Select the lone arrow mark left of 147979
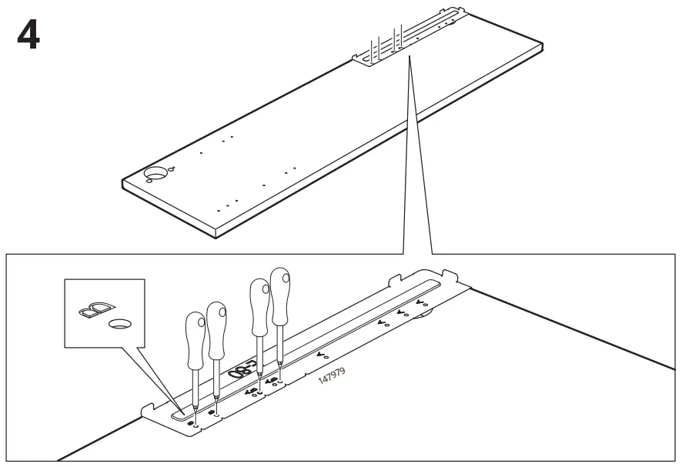(323, 355)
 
